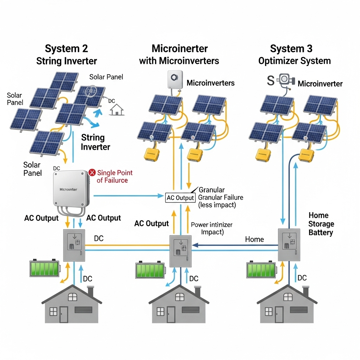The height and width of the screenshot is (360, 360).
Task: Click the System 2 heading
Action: click(66, 48)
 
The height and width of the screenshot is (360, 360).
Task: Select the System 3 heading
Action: click(291, 48)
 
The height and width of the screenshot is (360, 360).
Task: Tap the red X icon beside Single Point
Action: click(92, 172)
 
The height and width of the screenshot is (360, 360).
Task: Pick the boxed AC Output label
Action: click(180, 198)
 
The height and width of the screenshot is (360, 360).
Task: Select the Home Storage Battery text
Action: click(321, 224)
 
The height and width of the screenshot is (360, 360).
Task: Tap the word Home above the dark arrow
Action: click(255, 239)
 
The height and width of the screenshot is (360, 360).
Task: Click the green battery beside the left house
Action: click(45, 269)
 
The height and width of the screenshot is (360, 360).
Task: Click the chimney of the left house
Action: click(91, 291)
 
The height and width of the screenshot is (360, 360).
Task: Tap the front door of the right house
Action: click(279, 314)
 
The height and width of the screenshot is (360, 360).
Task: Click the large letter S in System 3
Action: click(270, 81)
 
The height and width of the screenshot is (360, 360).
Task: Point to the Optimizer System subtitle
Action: click(294, 61)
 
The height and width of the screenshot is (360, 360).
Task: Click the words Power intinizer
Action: click(211, 225)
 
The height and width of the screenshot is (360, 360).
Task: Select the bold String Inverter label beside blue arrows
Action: click(95, 142)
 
